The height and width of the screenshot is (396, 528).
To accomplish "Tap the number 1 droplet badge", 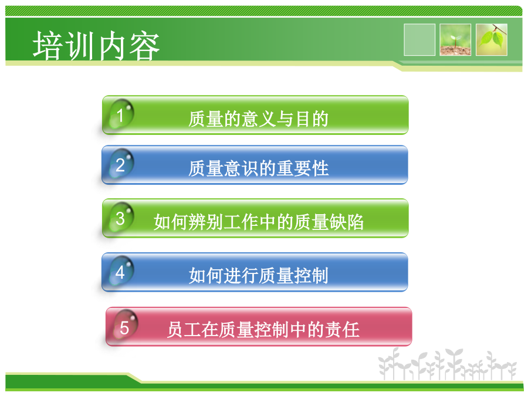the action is tap(121, 114).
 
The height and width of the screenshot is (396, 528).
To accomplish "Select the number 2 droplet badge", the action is tap(121, 164).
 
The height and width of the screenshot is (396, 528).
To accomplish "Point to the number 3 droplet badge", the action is tap(121, 218).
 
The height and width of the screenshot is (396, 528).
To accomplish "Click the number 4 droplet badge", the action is tap(121, 272).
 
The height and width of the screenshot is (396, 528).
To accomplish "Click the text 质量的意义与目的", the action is tap(258, 119).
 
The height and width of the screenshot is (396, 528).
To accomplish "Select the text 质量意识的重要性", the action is tap(258, 168).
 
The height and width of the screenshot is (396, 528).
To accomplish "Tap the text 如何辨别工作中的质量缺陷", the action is tap(258, 222).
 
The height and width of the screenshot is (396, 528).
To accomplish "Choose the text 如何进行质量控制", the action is tap(258, 276).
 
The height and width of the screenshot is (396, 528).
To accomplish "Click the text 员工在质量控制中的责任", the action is tap(263, 329).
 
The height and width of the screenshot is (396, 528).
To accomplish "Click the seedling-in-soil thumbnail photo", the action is tap(455, 39).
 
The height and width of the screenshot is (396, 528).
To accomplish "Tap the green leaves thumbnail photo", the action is tap(491, 39).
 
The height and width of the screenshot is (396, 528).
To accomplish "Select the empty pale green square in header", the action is tap(419, 39).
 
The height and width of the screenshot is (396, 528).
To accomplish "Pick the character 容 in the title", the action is tap(144, 46).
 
